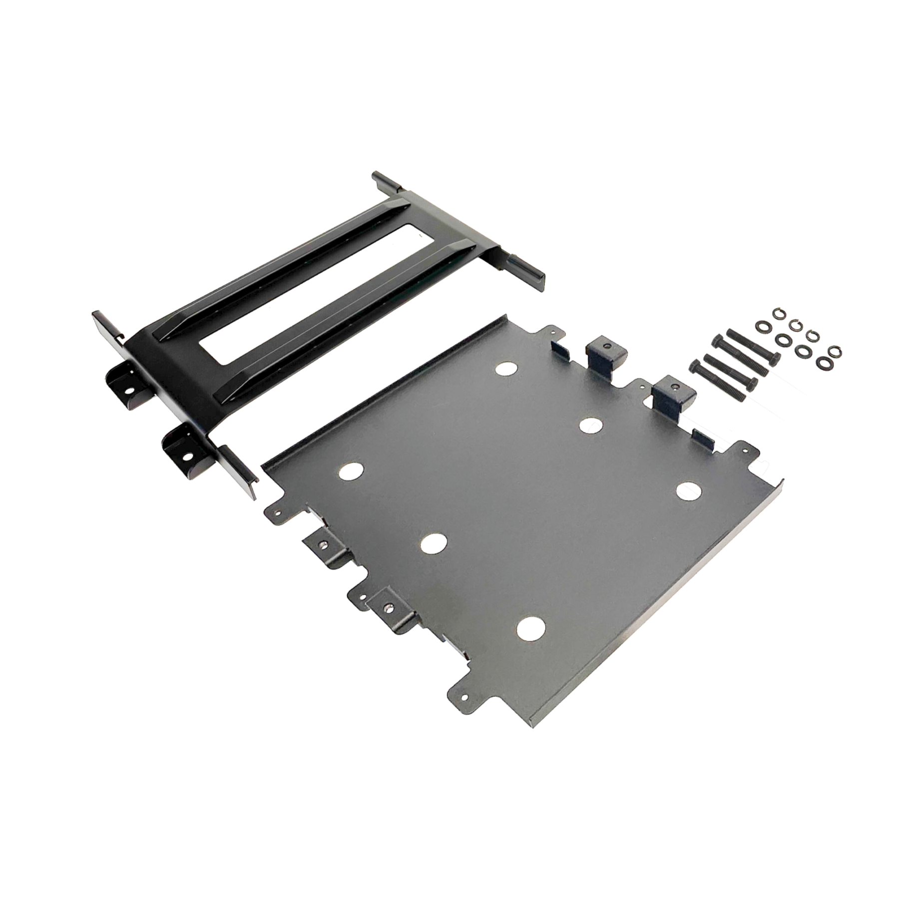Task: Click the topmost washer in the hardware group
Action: pyautogui.click(x=778, y=313)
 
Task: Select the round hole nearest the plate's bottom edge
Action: pyautogui.click(x=530, y=629)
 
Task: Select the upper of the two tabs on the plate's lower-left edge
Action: pyautogui.click(x=322, y=544)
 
